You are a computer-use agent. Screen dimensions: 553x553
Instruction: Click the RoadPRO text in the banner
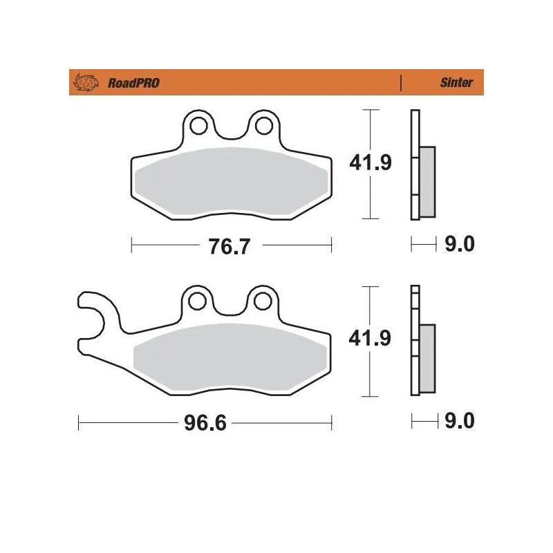click(x=133, y=83)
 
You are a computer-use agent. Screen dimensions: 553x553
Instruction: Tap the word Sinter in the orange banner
click(x=456, y=83)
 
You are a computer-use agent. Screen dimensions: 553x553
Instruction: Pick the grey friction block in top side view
click(x=427, y=180)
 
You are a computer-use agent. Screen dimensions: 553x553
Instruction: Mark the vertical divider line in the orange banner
click(x=402, y=83)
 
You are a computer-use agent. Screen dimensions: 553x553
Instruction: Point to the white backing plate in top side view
click(x=415, y=131)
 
